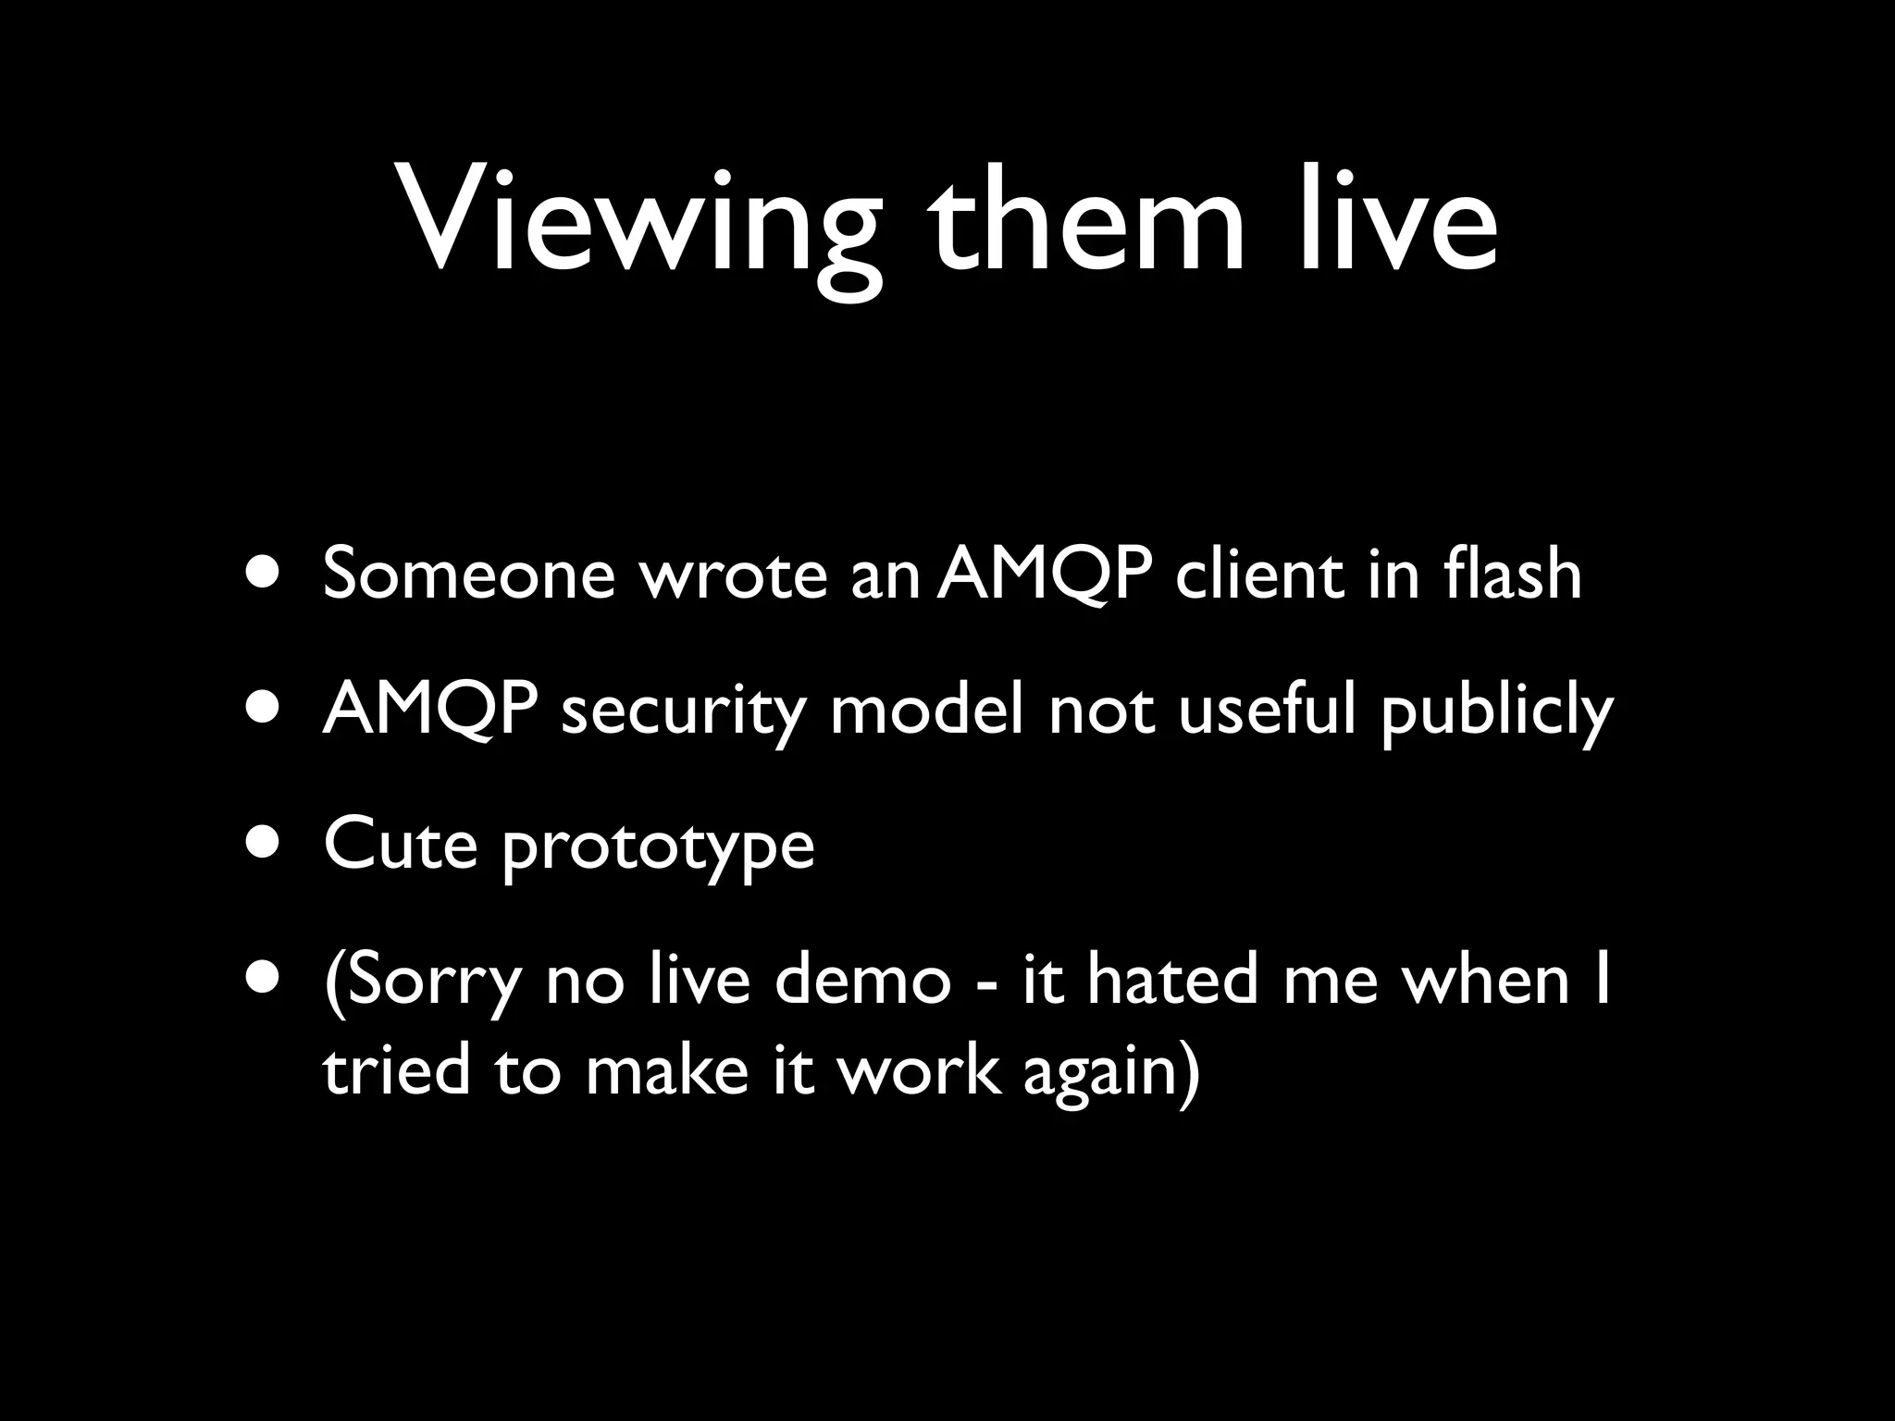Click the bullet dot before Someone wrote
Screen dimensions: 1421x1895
click(x=265, y=572)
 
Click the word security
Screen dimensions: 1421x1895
click(x=683, y=712)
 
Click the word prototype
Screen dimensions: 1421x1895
click(x=658, y=848)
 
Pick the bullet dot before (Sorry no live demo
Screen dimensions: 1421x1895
click(x=265, y=979)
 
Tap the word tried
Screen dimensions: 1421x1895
click(x=396, y=1070)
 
